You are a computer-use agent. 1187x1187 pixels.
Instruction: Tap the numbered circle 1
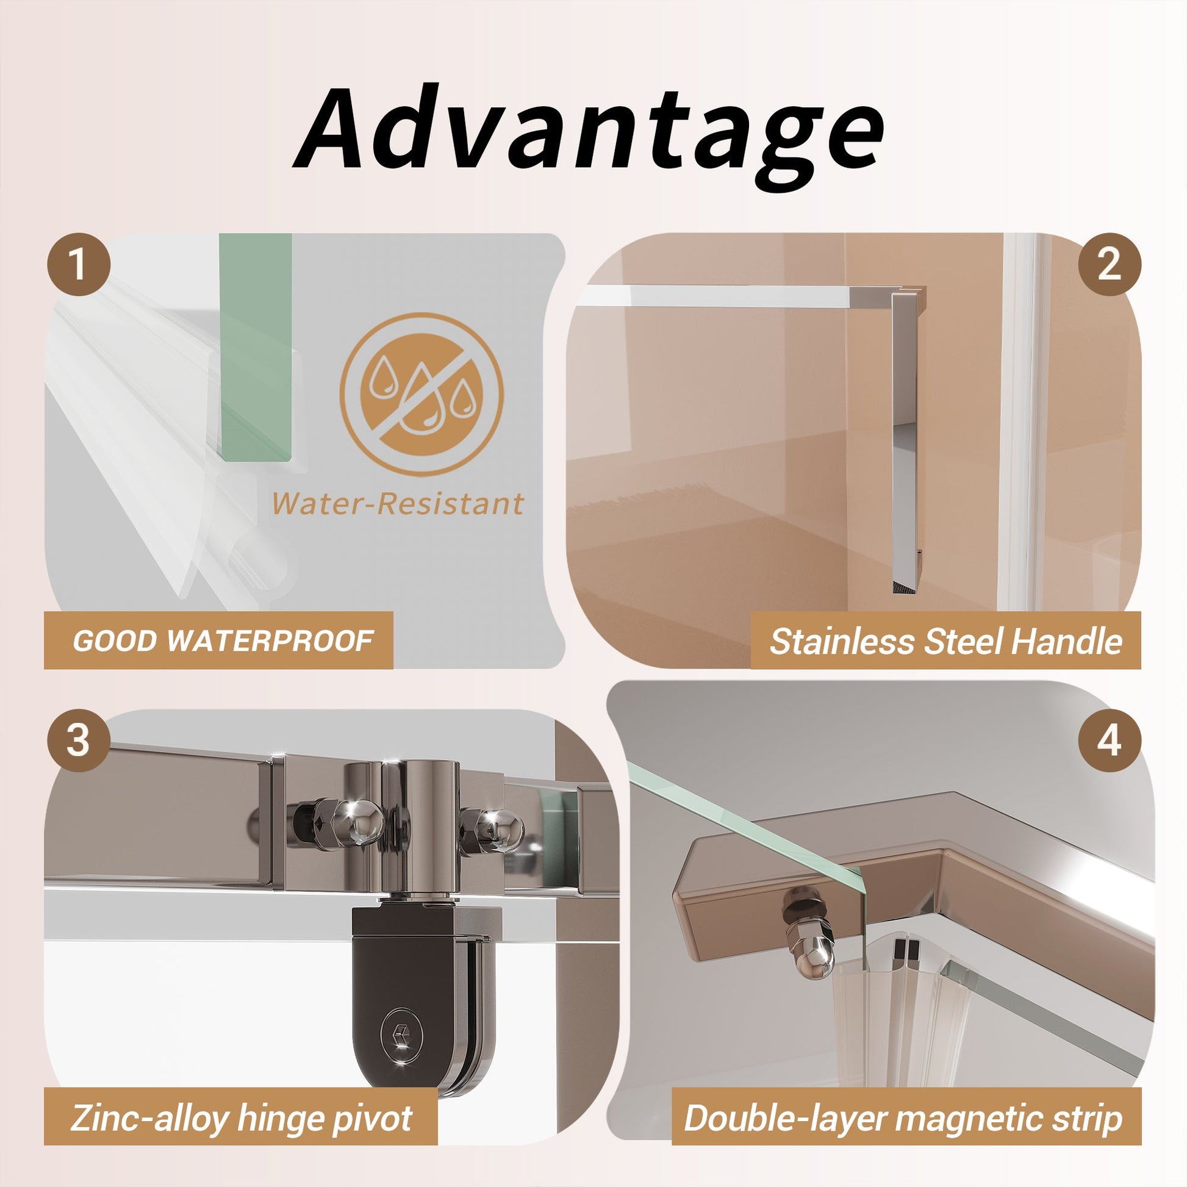click(78, 265)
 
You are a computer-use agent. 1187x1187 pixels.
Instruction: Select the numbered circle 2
click(1110, 265)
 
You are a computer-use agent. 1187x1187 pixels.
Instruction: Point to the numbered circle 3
click(78, 741)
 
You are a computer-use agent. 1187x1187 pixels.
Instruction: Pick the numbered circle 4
click(1110, 741)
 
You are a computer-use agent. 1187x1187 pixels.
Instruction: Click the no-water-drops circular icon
click(421, 395)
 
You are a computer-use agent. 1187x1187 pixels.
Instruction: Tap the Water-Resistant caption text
click(398, 504)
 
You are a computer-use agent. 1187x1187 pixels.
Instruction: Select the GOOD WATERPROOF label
click(223, 642)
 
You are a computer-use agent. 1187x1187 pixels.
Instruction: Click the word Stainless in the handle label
click(843, 642)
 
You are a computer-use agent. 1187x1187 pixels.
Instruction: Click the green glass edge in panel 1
click(256, 347)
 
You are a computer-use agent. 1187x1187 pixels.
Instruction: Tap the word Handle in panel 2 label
click(1067, 642)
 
